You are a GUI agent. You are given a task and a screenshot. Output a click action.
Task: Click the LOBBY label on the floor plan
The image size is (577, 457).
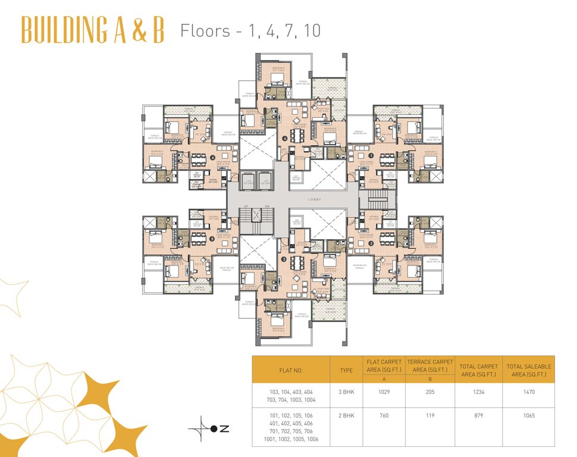click(x=315, y=200)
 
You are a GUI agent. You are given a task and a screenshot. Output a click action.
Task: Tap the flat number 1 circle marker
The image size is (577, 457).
click(x=370, y=155)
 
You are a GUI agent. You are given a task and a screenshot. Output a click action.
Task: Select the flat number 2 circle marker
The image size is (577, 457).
click(x=370, y=243)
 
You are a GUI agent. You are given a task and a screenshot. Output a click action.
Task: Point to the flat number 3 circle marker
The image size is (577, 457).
click(x=284, y=259)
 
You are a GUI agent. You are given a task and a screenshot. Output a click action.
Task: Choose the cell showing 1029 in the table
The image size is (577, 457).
click(x=384, y=392)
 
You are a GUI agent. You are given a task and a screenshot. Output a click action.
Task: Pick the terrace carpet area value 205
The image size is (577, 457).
click(x=429, y=392)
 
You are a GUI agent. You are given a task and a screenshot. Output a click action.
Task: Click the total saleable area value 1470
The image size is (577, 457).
click(x=528, y=392)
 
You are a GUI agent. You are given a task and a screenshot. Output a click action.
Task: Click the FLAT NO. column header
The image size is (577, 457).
click(x=291, y=370)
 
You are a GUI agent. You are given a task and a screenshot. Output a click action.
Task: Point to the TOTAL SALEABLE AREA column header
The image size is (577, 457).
click(x=528, y=370)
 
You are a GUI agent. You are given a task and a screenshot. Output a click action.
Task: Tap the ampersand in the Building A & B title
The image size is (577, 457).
click(x=139, y=30)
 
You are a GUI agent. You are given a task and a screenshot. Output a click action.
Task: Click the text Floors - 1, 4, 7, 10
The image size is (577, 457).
click(x=250, y=30)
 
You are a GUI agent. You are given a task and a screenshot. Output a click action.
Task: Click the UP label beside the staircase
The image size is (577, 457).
click(x=244, y=206)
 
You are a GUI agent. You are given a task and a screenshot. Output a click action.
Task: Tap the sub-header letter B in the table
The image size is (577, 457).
click(x=429, y=380)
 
